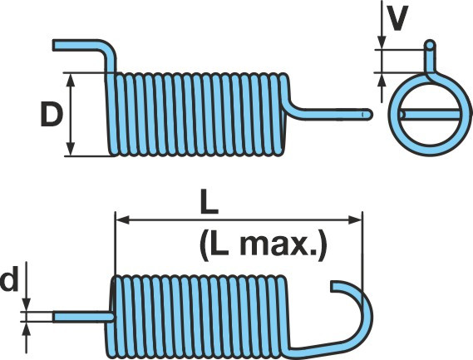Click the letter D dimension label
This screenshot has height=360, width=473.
pos(52,115)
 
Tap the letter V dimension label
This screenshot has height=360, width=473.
pos(397,17)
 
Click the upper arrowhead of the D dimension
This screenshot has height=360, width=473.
pos(71,81)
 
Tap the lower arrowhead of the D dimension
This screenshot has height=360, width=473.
pos(71,149)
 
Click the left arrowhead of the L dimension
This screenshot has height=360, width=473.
pos(123,220)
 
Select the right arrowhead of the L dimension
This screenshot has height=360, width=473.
pos(355,220)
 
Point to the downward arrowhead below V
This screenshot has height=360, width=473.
pos(382,42)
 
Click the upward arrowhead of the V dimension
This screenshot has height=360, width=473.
pos(382,80)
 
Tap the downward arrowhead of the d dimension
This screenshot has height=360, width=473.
pos(27,305)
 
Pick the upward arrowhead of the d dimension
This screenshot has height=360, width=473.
pos(27,329)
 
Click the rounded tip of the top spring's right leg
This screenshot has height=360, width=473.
pos(367,115)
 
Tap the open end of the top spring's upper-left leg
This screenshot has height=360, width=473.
pos(55,45)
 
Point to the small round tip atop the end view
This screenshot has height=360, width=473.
pos(430,45)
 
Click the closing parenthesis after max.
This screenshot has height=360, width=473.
pos(322,245)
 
